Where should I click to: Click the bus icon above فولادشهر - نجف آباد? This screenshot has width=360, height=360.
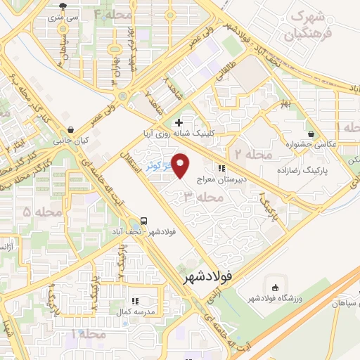pos(144,219)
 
